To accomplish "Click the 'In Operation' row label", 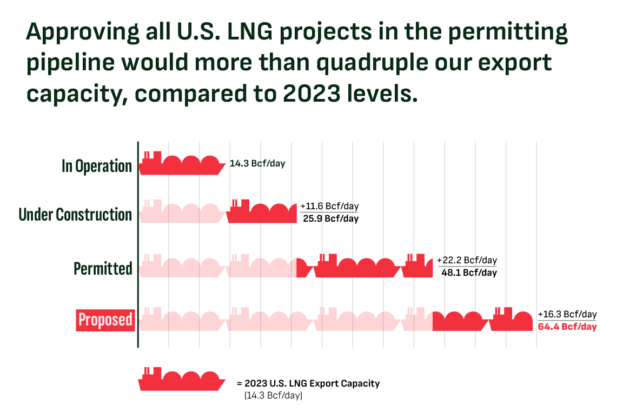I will click(x=97, y=166).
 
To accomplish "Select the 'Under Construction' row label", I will click(x=75, y=215).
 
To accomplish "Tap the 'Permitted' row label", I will click(x=103, y=268).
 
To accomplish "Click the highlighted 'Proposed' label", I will click(x=105, y=320).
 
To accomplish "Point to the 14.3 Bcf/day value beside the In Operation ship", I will click(x=257, y=163).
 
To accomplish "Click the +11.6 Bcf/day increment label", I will click(x=329, y=207).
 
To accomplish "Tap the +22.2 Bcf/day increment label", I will click(x=467, y=260).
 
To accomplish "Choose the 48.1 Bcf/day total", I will click(x=469, y=272).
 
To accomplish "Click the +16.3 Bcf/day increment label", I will click(x=567, y=315).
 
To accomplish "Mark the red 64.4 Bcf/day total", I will click(x=567, y=327).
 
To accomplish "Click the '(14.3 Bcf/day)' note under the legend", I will click(x=273, y=396).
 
